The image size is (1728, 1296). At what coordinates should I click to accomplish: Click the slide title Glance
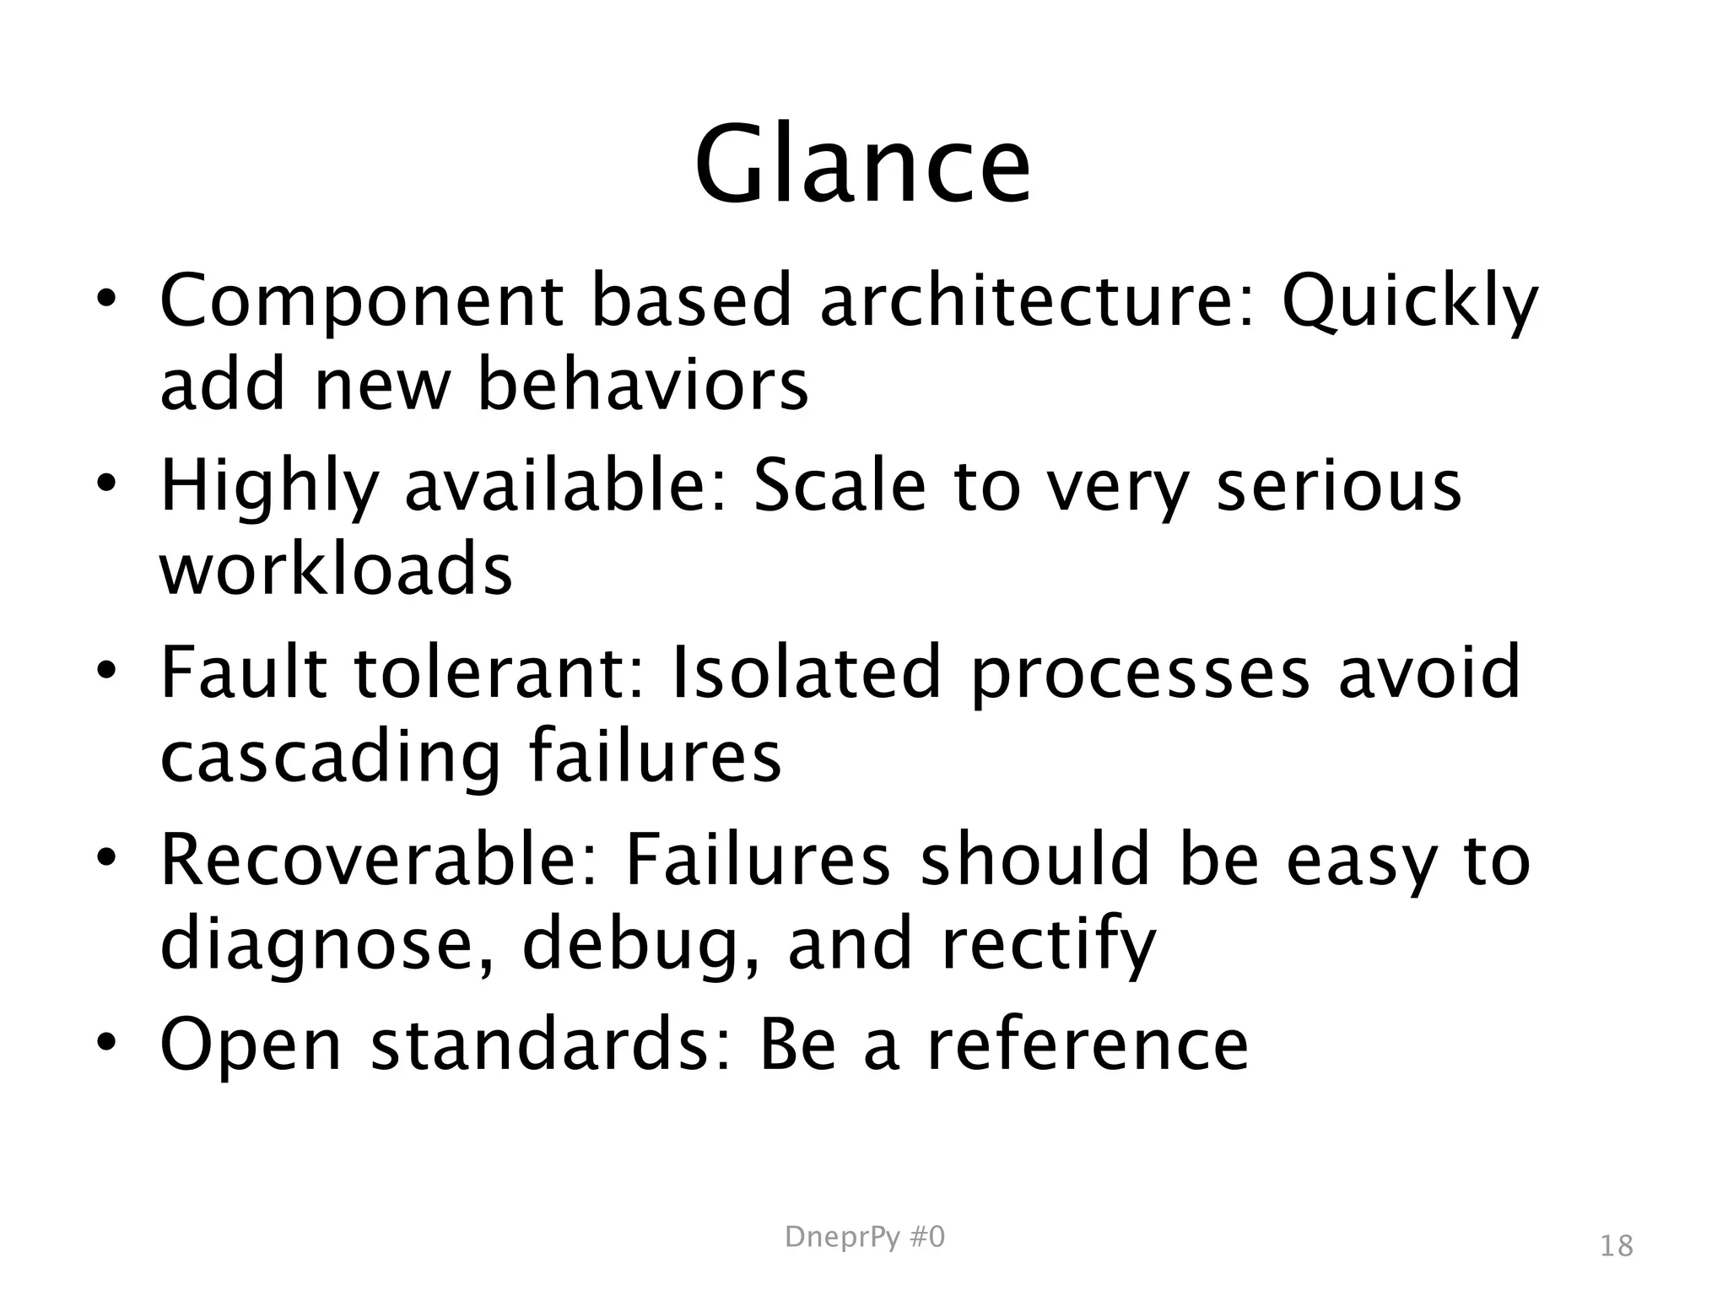pyautogui.click(x=862, y=164)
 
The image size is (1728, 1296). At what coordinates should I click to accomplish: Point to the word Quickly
pyautogui.click(x=1410, y=302)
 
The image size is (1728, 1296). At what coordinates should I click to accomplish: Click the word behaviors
pyautogui.click(x=643, y=385)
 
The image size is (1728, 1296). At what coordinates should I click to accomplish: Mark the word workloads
pyautogui.click(x=336, y=569)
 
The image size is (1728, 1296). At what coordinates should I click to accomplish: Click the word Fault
pyautogui.click(x=243, y=672)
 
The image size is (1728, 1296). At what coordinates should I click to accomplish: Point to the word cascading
pyautogui.click(x=331, y=757)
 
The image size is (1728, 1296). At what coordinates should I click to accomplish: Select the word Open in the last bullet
pyautogui.click(x=251, y=1045)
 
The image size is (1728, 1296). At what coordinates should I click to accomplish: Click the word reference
pyautogui.click(x=1088, y=1044)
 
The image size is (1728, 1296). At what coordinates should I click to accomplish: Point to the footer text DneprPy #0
pyautogui.click(x=865, y=1237)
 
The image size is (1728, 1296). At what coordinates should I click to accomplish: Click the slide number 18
pyautogui.click(x=1616, y=1245)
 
